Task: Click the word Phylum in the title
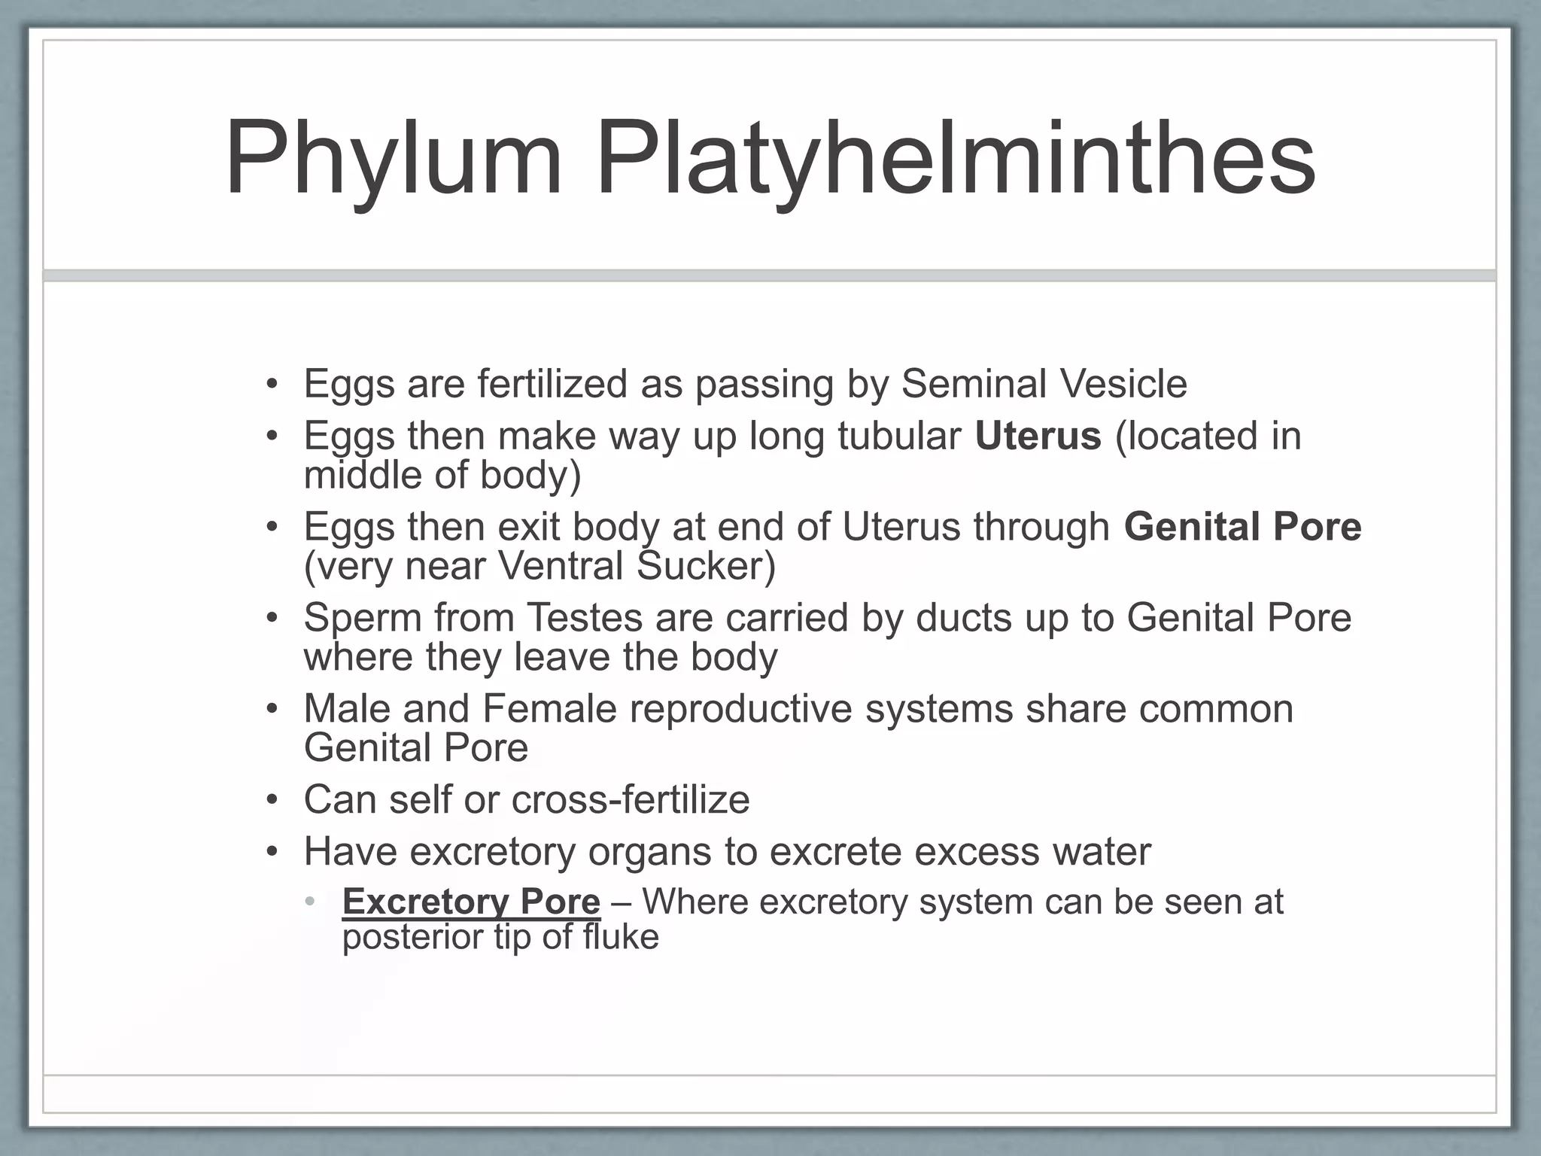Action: click(x=394, y=160)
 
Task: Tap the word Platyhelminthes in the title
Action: click(x=956, y=160)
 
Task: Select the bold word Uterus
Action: click(x=1038, y=436)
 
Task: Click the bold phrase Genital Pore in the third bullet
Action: click(x=1242, y=526)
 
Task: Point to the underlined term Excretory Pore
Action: click(x=471, y=902)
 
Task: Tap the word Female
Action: click(x=549, y=708)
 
